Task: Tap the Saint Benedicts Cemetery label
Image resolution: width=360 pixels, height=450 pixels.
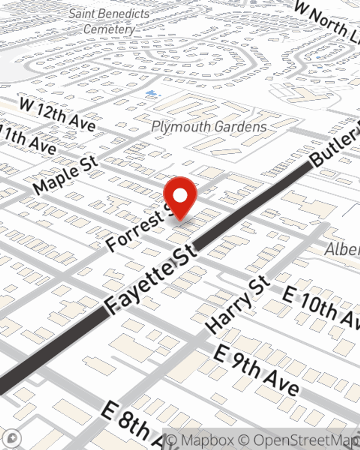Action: point(109,21)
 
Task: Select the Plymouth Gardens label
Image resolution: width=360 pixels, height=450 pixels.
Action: point(209,127)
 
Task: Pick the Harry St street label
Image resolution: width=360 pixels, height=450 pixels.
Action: point(238,305)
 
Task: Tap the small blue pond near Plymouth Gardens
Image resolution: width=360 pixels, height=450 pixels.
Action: point(152,94)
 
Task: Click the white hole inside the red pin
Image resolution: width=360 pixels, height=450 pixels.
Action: point(180,196)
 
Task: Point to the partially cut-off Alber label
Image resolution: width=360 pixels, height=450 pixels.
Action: point(342,249)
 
